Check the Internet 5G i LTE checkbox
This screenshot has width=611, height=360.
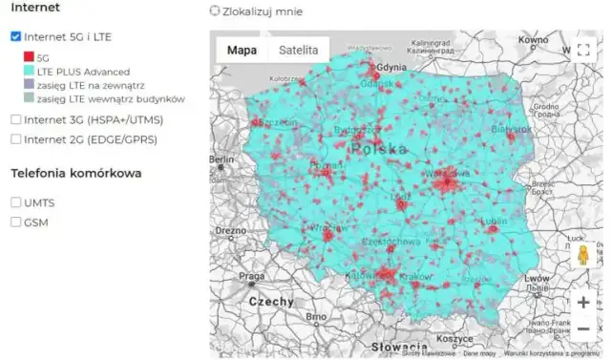(x=15, y=36)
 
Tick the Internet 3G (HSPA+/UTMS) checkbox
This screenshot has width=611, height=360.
(x=15, y=119)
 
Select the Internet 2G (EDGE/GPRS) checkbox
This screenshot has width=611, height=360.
(x=15, y=139)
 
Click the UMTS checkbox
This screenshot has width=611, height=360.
(x=15, y=202)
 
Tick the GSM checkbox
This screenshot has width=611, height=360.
(x=15, y=222)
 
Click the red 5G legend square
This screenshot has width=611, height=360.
(x=29, y=57)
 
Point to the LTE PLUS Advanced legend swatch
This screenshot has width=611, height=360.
(x=29, y=72)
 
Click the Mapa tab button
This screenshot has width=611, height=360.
(x=241, y=51)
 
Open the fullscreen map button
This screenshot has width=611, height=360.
(x=584, y=51)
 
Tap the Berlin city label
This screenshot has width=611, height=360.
(x=222, y=159)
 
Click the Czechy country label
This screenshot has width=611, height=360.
(x=272, y=301)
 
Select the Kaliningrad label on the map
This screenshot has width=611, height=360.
(x=433, y=42)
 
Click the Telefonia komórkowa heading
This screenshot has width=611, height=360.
(x=75, y=174)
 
